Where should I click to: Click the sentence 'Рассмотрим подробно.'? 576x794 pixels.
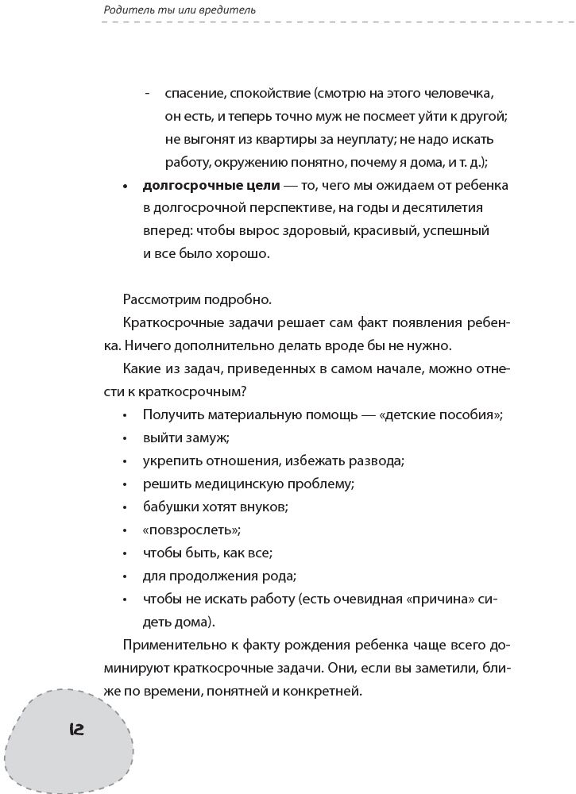[x=197, y=300]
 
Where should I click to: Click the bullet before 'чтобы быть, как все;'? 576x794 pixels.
[x=126, y=553]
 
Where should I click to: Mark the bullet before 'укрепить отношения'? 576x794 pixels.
[x=126, y=461]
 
